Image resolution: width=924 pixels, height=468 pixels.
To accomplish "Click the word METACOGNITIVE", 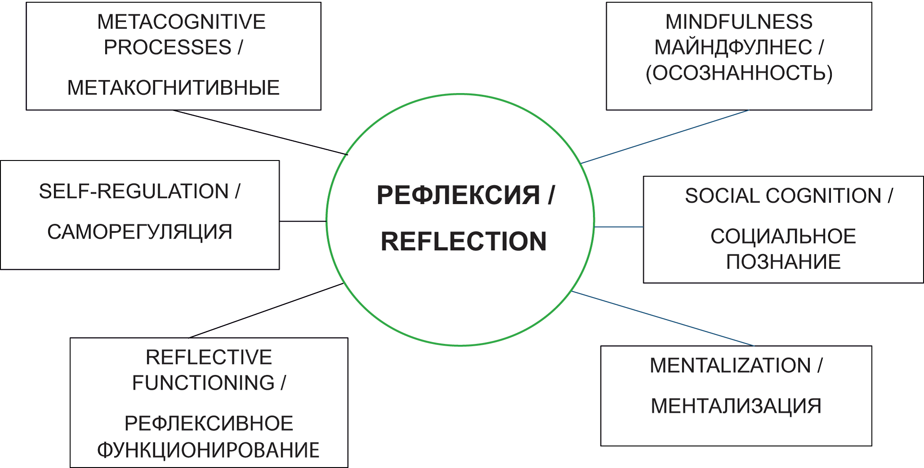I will tap(181, 22).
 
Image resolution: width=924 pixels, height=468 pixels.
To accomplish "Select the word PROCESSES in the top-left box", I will tap(168, 48).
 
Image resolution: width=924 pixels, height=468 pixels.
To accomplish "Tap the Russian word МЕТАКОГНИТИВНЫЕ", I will tap(173, 88).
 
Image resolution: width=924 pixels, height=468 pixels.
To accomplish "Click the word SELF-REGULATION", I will tap(133, 192).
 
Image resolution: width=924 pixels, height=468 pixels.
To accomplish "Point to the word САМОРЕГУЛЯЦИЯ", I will tap(140, 232).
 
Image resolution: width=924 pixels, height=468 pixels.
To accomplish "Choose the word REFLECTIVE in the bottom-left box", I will tap(209, 358).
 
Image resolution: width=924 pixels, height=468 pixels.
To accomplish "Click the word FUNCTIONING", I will tap(203, 383).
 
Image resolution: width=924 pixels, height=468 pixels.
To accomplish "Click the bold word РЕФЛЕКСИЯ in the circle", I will tap(458, 196).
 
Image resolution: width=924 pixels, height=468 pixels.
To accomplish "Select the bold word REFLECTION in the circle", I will tap(463, 241).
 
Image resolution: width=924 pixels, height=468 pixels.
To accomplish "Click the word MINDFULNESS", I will tap(739, 22).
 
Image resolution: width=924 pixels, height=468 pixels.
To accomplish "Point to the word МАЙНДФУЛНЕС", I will tap(733, 48).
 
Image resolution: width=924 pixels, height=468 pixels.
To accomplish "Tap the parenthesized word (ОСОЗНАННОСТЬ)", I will tap(739, 73).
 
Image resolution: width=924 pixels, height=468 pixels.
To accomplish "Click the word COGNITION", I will tap(823, 196).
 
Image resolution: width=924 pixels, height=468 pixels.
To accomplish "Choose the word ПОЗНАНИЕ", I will tap(783, 262).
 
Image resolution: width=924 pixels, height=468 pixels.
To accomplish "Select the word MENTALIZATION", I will tap(730, 366).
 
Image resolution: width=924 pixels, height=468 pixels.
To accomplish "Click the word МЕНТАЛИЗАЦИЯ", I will tap(736, 406).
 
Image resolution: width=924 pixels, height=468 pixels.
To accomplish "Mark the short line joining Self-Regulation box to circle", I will tap(302, 221).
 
